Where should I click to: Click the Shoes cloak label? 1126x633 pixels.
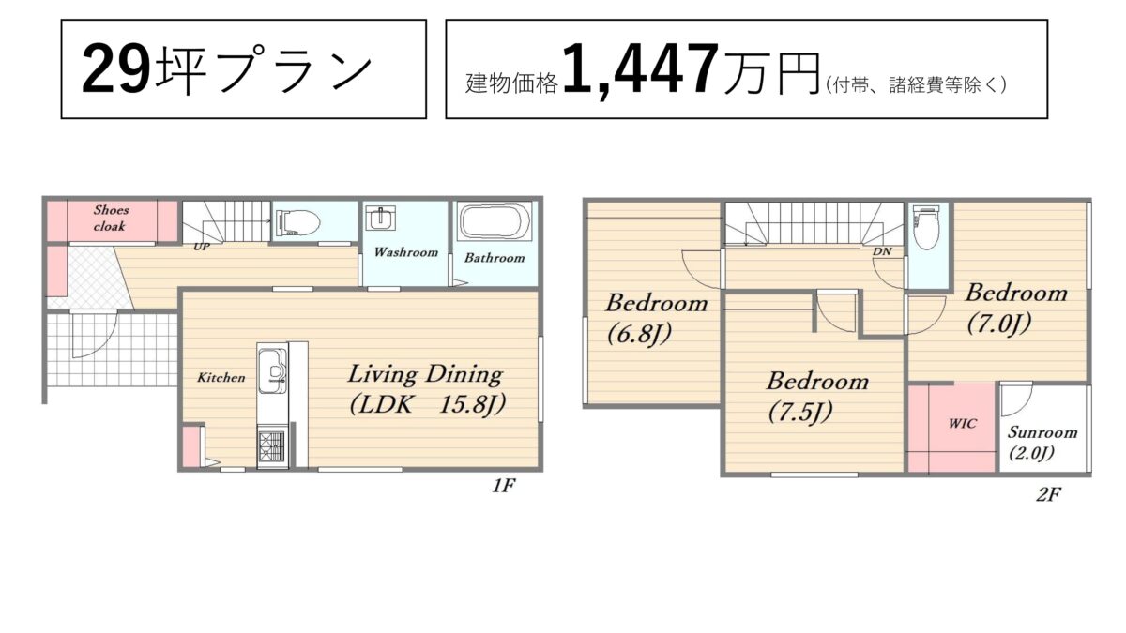(x=110, y=218)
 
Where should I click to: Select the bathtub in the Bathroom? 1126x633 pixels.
(x=495, y=221)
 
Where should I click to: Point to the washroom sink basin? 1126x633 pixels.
(x=380, y=218)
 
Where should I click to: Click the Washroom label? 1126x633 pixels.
(x=405, y=251)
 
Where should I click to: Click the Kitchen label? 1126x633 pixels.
(x=221, y=377)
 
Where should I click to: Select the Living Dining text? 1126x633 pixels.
(x=425, y=375)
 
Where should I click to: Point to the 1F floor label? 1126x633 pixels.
(x=504, y=486)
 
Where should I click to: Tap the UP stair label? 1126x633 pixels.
(x=202, y=247)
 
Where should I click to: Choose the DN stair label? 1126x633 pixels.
(x=882, y=250)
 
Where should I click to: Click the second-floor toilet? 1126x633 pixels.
(x=926, y=229)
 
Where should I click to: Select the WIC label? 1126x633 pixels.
(x=963, y=424)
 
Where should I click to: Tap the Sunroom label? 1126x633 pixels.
(x=1042, y=432)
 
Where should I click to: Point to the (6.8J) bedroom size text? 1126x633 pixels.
(x=639, y=334)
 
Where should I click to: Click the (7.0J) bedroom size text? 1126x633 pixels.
(x=998, y=323)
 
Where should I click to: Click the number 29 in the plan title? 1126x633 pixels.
(x=116, y=68)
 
